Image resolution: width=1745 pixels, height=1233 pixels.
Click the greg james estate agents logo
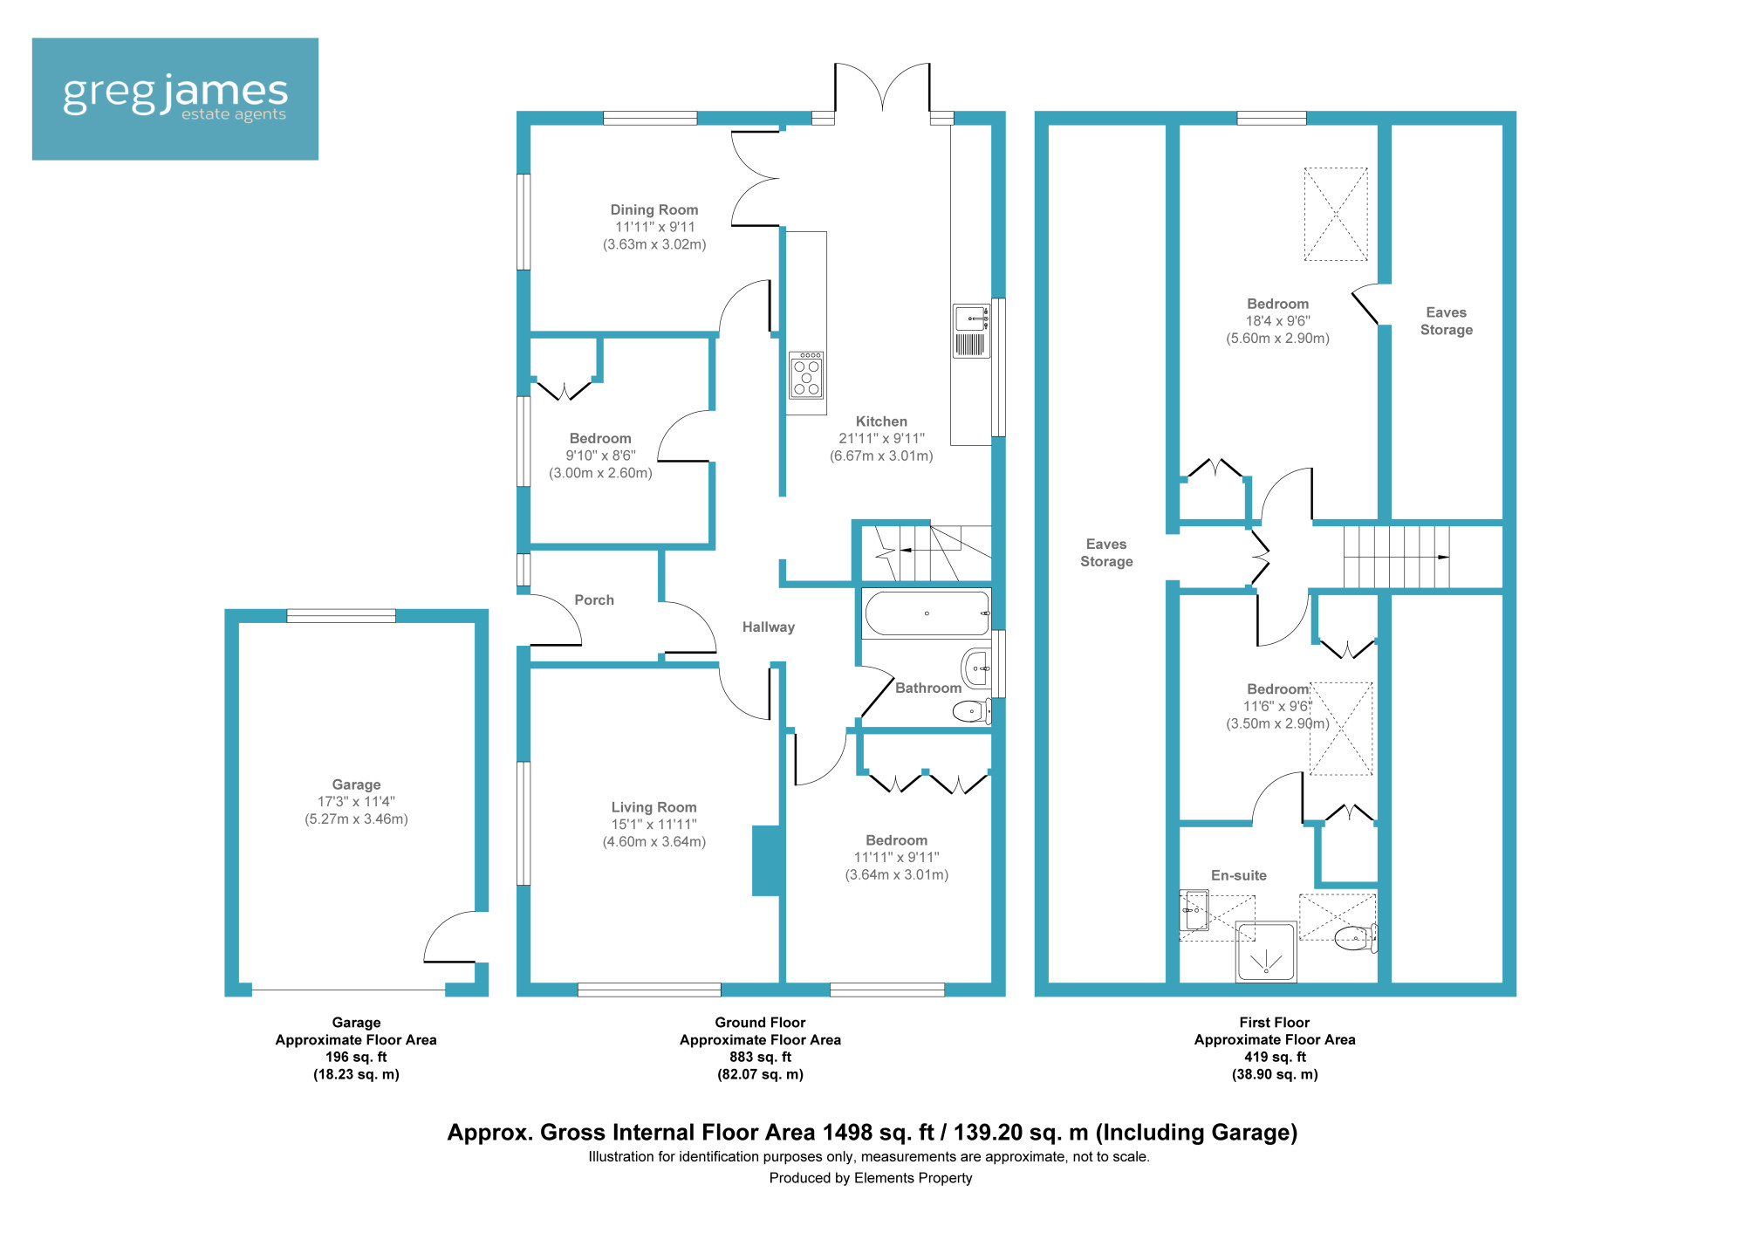point(174,99)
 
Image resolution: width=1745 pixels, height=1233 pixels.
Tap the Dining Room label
point(654,209)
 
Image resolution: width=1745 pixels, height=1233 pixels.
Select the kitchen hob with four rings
point(806,375)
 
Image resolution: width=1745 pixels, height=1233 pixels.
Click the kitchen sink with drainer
point(971,331)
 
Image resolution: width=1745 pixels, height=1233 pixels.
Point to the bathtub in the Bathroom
point(927,613)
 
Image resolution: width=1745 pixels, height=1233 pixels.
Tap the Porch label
point(594,600)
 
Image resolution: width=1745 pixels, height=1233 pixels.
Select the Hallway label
point(769,627)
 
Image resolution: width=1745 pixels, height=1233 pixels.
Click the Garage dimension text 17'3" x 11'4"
point(356,802)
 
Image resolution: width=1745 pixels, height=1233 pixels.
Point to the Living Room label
point(654,807)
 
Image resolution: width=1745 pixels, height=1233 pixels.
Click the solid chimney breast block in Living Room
point(766,860)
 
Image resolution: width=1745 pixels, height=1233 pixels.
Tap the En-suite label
point(1239,875)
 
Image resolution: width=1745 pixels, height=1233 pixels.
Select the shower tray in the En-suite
point(1266,952)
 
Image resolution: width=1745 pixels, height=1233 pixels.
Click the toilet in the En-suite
point(1356,939)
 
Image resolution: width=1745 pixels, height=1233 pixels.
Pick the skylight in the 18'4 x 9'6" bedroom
point(1336,215)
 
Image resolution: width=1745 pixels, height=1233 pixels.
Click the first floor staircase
point(1396,557)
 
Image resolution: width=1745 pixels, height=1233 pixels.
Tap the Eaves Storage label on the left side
point(1106,553)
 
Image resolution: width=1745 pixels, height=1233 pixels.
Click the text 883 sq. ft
point(761,1057)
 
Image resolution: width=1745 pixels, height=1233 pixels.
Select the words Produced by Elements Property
point(871,1178)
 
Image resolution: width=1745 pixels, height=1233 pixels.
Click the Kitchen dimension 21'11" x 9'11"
point(881,439)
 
